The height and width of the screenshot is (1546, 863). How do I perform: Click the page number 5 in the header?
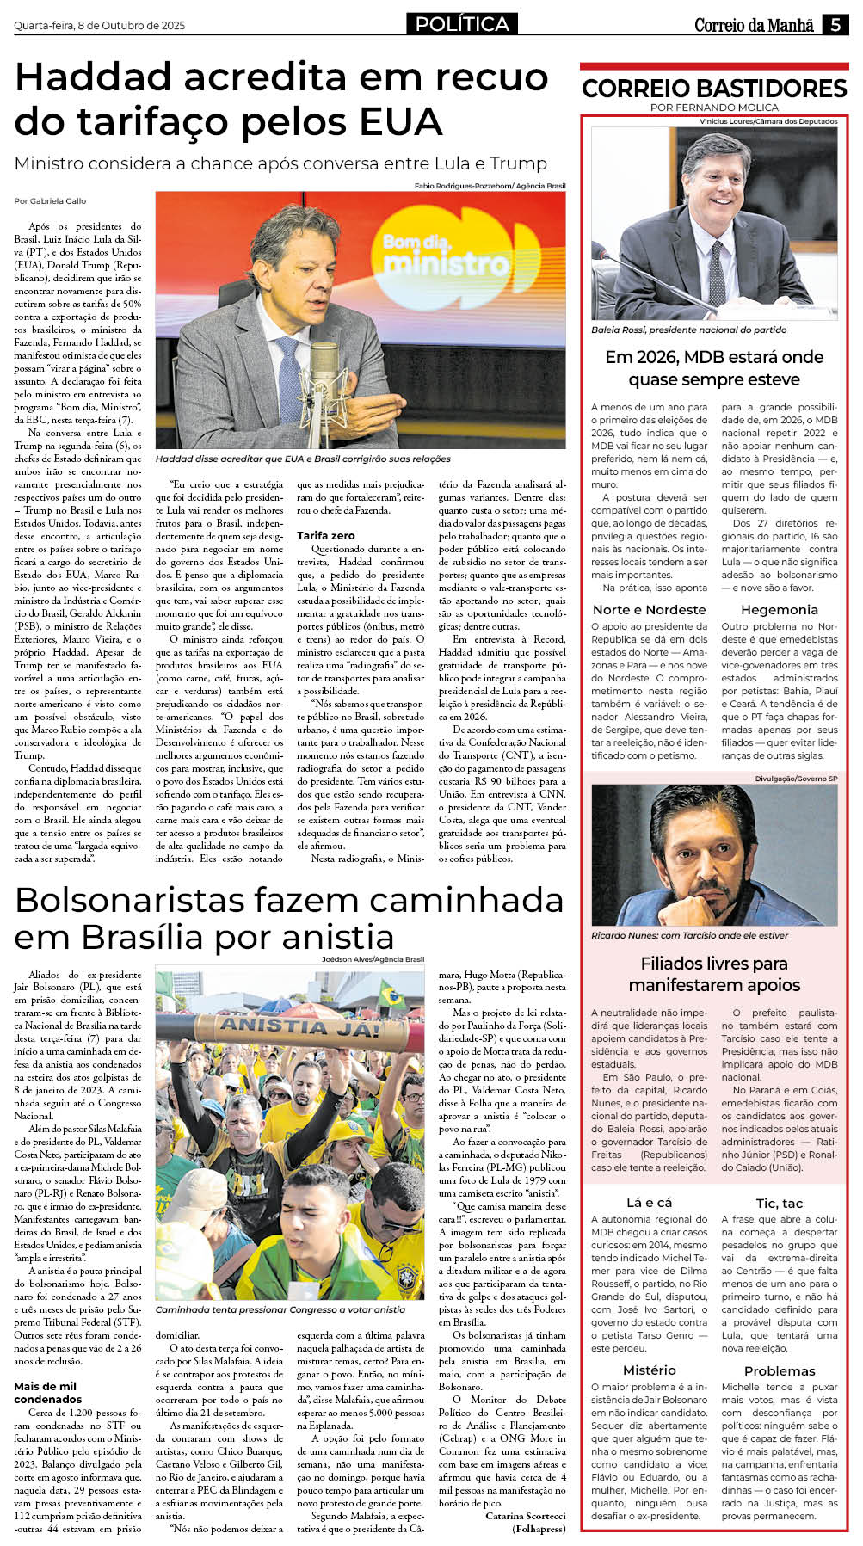point(835,25)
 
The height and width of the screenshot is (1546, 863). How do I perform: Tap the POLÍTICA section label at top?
point(462,24)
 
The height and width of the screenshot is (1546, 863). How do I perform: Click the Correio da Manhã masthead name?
point(754,26)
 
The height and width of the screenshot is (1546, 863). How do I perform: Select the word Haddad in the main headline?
point(95,77)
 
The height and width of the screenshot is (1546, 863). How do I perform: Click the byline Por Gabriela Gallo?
point(50,200)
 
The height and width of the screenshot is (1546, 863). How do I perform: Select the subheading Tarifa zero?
point(326,535)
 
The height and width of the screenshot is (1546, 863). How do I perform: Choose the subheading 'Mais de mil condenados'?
point(47,1393)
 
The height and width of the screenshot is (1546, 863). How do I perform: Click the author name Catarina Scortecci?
point(525,1515)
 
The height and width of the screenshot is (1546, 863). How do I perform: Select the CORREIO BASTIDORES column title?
point(714,89)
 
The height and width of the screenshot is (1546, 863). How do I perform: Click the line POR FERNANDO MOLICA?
point(714,108)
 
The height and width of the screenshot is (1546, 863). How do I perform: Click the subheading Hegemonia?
point(779,610)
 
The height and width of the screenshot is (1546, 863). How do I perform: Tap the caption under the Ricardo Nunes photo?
point(689,935)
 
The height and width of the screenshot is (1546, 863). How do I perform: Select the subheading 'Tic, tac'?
point(779,1203)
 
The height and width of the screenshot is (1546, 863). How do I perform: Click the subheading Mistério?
point(649,1370)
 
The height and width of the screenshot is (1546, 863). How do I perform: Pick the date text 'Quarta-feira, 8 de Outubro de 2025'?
point(99,26)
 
